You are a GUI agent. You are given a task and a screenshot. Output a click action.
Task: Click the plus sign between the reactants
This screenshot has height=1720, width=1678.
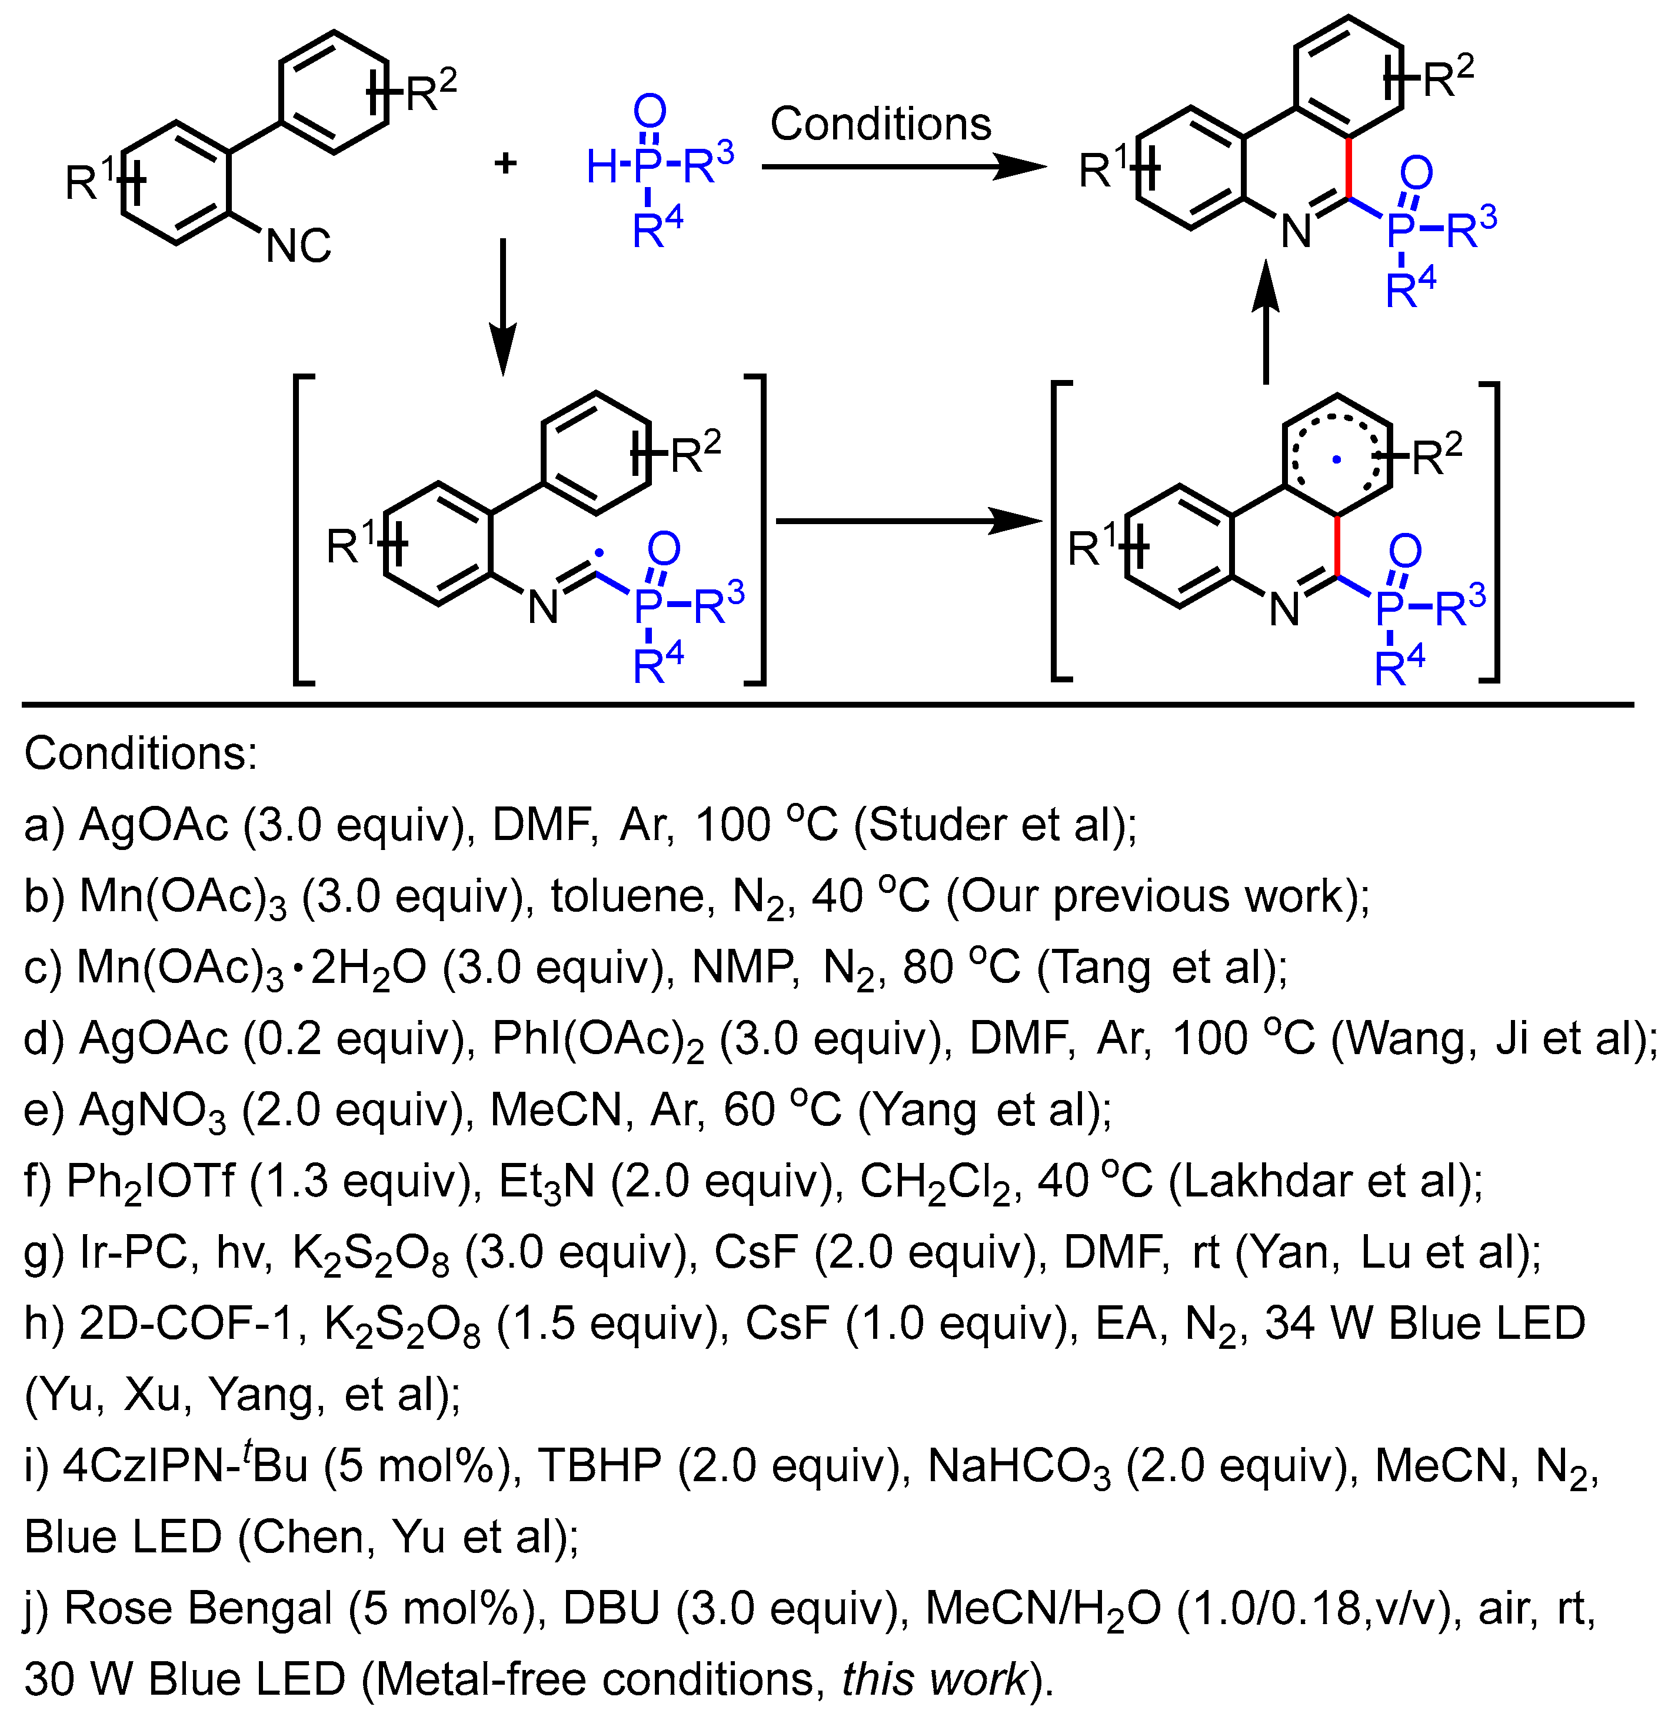click(505, 163)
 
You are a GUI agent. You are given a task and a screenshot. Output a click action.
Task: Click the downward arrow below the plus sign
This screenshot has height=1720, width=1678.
click(502, 304)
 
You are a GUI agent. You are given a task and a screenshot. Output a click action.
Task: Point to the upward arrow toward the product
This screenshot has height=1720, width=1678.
click(1266, 322)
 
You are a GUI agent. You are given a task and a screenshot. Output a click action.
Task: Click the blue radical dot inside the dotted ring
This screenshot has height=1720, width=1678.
click(1337, 459)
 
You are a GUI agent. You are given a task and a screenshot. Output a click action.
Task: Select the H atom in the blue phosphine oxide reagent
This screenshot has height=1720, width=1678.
click(603, 166)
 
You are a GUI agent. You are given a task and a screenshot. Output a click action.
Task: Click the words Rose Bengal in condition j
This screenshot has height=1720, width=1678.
click(198, 1609)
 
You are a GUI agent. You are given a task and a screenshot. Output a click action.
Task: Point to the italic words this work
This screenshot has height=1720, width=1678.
click(934, 1679)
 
